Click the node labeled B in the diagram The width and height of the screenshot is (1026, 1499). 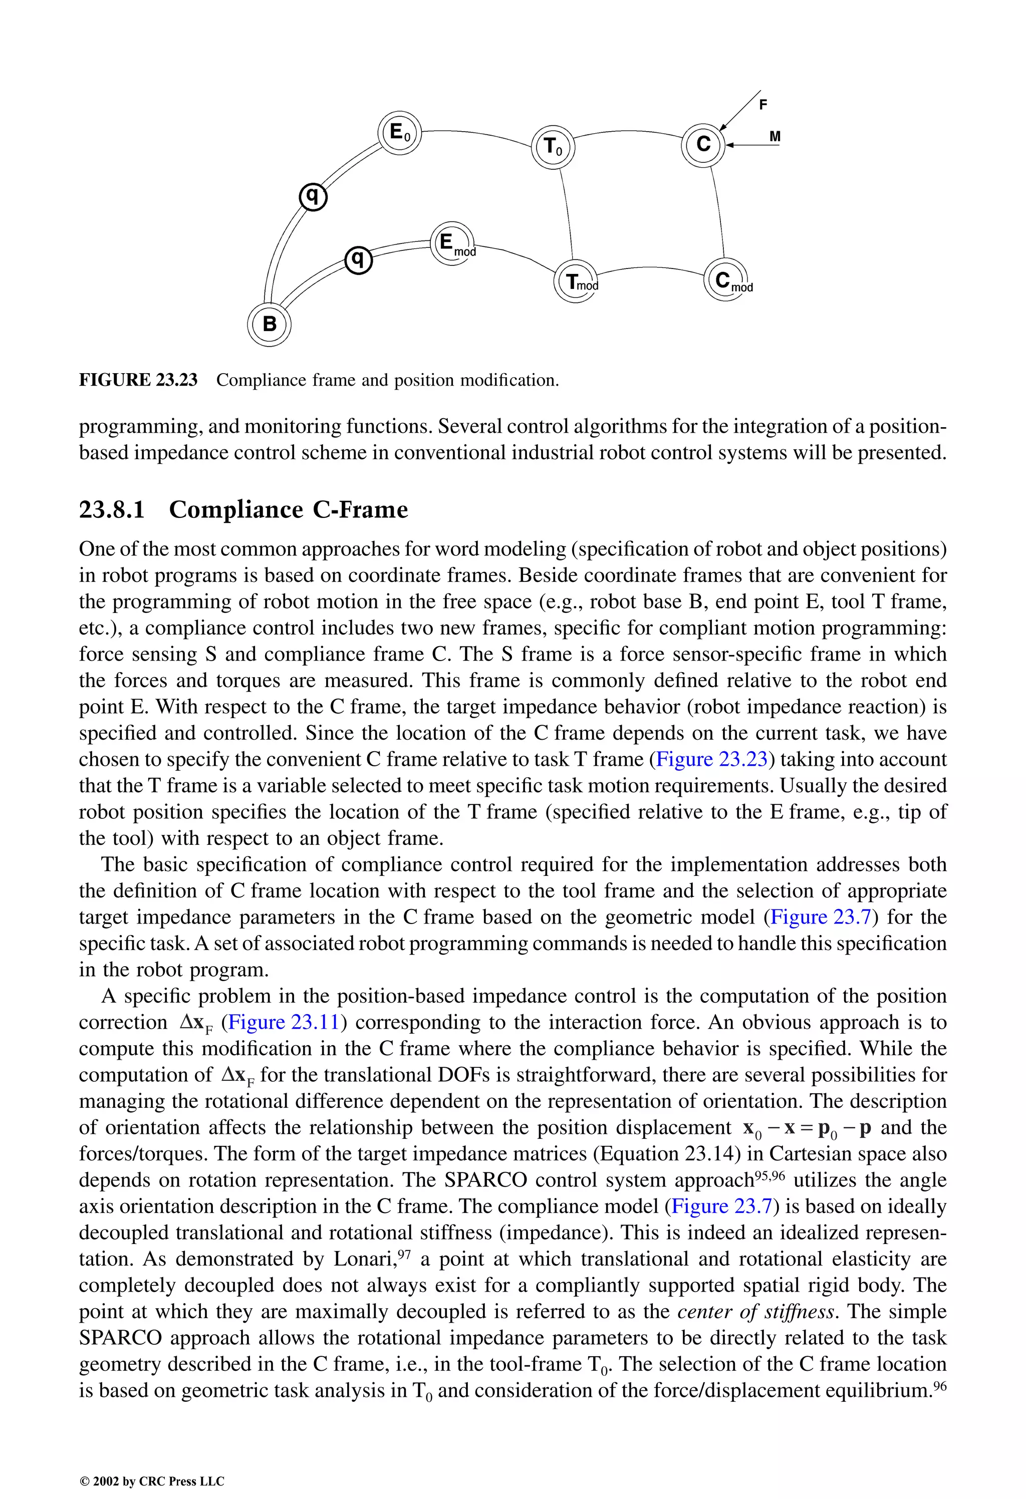(269, 325)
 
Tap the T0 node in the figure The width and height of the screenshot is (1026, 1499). (553, 148)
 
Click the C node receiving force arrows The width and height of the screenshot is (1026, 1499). (703, 144)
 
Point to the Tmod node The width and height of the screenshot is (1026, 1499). (576, 282)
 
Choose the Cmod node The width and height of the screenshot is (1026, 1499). (725, 280)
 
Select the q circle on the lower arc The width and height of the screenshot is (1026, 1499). (358, 259)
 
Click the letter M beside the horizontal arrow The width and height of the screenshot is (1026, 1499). (775, 137)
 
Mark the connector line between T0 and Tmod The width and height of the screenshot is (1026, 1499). (567, 213)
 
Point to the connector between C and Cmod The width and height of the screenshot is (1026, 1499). (717, 213)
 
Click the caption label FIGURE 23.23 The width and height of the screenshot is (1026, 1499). (138, 380)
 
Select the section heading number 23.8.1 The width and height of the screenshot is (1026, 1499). (112, 509)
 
